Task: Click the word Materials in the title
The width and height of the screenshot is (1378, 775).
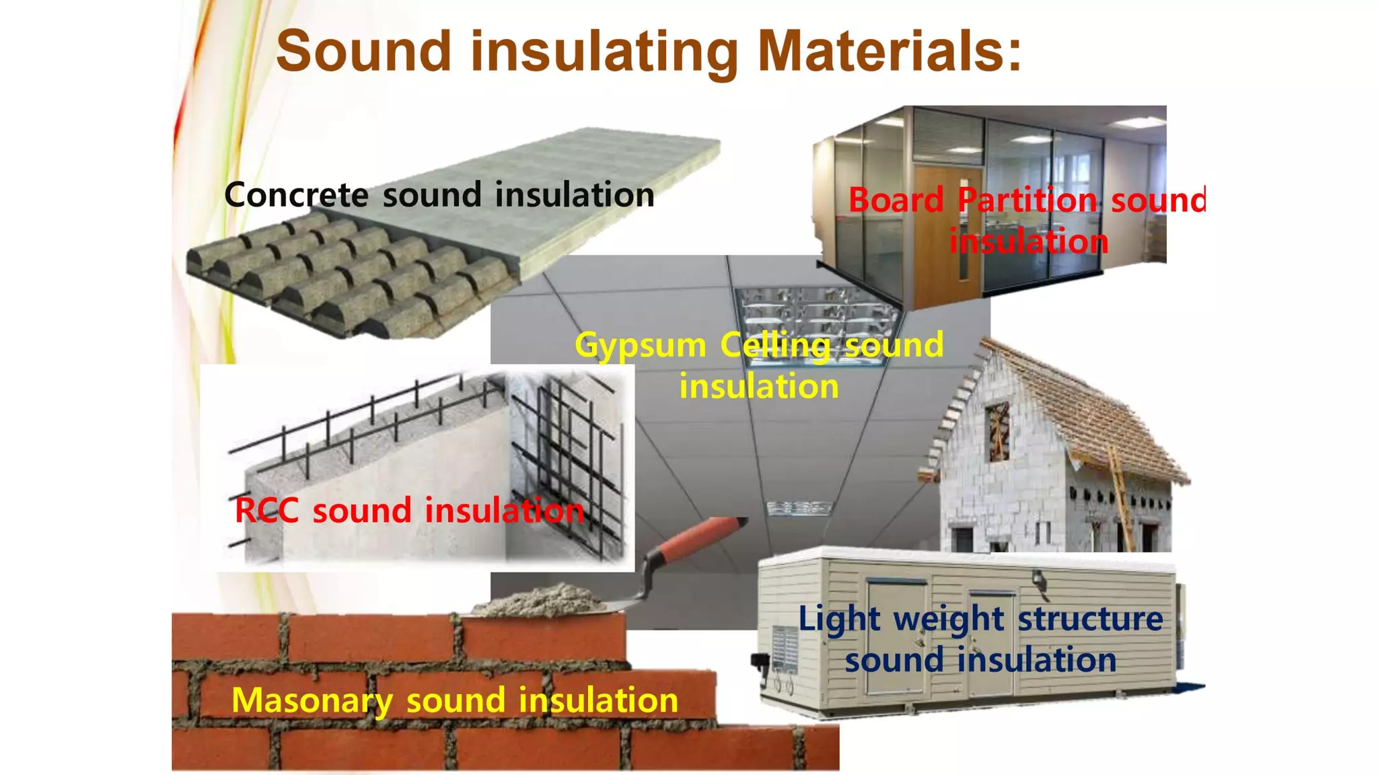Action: pos(890,51)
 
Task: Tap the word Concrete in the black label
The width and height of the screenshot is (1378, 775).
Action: pos(296,195)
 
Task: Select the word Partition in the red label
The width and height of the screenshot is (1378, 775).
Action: pos(1027,200)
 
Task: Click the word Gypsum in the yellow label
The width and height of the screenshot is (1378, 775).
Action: pos(641,346)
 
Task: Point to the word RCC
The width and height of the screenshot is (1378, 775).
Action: pos(266,510)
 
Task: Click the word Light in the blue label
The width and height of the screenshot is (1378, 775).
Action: pos(839,619)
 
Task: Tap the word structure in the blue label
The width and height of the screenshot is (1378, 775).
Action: pos(1090,619)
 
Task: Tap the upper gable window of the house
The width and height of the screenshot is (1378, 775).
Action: pos(997,431)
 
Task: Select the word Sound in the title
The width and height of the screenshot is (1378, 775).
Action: pos(363,51)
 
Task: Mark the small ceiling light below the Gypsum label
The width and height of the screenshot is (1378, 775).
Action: pos(799,508)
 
